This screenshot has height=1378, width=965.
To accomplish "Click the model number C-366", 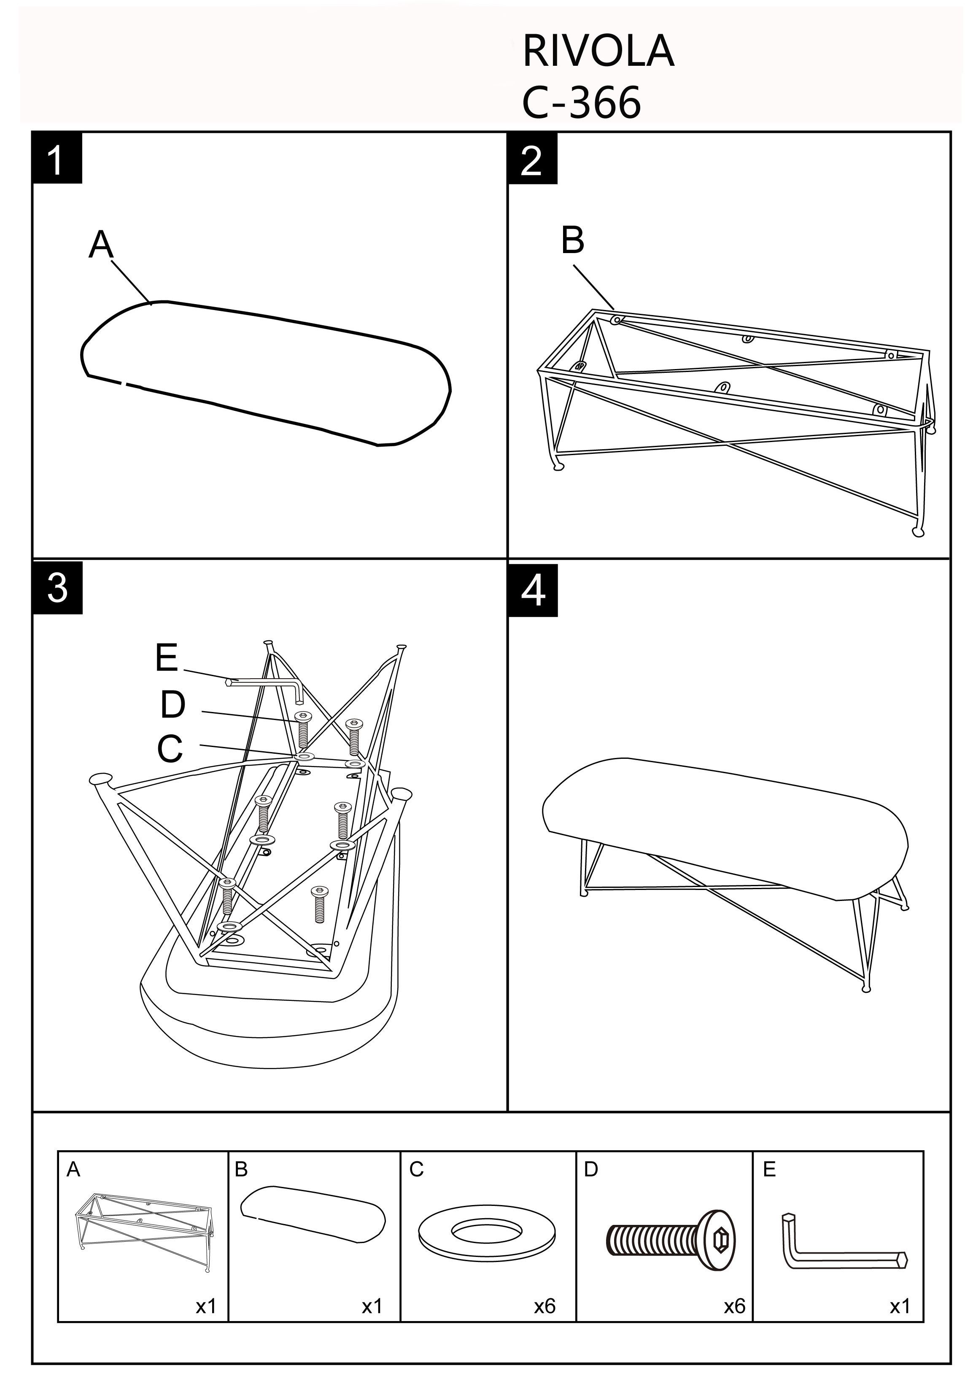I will tap(580, 102).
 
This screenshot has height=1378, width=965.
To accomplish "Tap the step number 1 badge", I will tap(57, 159).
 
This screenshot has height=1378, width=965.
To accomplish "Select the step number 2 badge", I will tap(532, 159).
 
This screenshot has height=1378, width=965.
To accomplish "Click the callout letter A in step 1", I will tap(101, 245).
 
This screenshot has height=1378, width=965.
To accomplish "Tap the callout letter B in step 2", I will tap(572, 240).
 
